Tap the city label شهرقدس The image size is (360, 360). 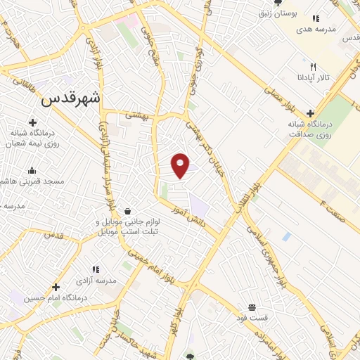71,98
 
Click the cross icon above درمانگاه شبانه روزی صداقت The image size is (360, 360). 309,112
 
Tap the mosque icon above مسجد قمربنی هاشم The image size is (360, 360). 32,170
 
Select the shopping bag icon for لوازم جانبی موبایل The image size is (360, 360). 127,211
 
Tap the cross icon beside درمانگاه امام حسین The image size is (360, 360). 56,286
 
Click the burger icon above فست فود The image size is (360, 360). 252,308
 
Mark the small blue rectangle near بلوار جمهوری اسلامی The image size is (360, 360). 287,236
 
